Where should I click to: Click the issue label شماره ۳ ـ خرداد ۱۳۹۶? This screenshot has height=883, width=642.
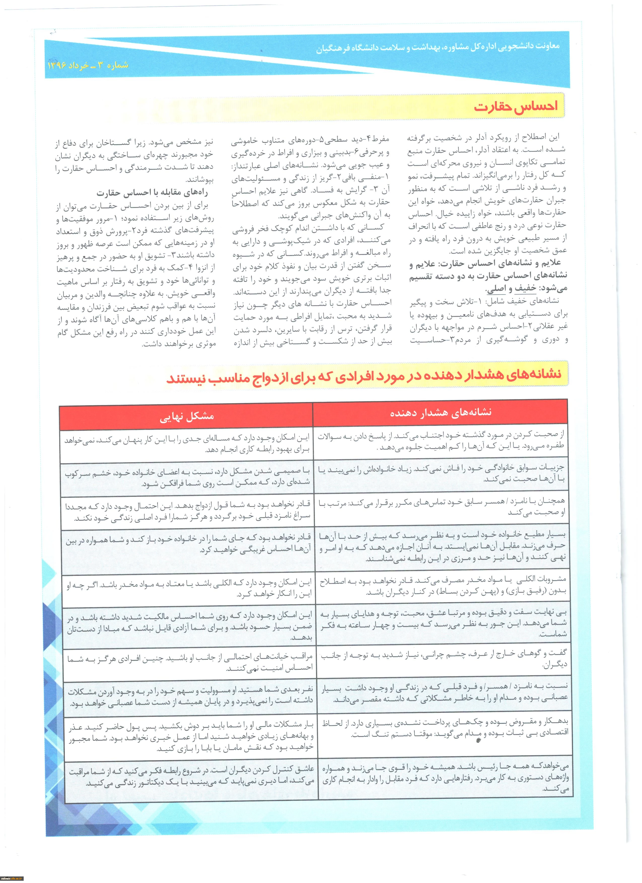pyautogui.click(x=88, y=65)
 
